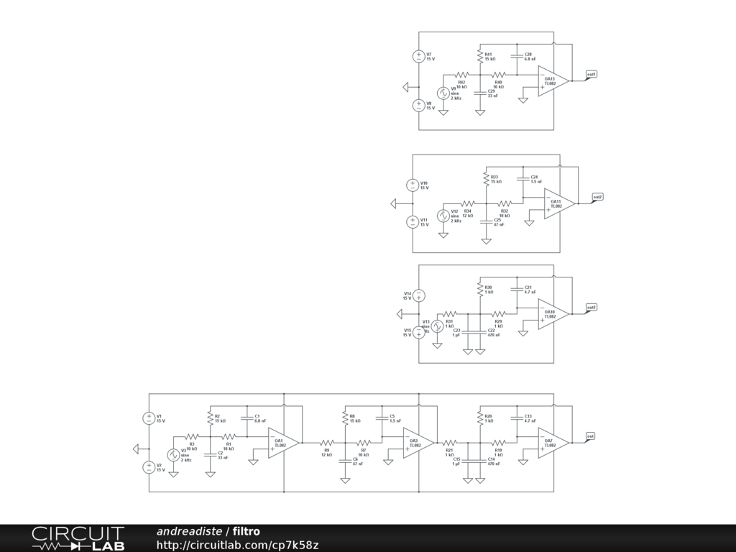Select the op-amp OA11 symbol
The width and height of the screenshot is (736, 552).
(x=558, y=203)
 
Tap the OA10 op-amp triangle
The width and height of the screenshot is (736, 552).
(x=553, y=314)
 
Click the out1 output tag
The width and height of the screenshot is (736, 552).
(x=592, y=74)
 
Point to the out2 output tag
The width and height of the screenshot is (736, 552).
(x=597, y=197)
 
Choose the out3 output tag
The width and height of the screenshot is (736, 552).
(x=592, y=308)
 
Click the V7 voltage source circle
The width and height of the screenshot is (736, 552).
(x=419, y=56)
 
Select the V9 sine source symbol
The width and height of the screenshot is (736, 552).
(x=443, y=93)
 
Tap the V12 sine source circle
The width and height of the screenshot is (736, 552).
(x=443, y=216)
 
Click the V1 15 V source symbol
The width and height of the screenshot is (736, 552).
(x=149, y=418)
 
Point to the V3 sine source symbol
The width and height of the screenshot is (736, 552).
(x=173, y=455)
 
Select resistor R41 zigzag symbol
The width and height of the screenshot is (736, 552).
(x=479, y=56)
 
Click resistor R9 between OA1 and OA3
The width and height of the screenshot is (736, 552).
(x=327, y=443)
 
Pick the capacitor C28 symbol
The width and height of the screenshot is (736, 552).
(x=516, y=56)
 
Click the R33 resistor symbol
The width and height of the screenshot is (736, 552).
(x=486, y=178)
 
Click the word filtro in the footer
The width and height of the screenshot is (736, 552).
(x=247, y=532)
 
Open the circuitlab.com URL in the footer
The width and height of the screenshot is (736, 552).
(x=237, y=546)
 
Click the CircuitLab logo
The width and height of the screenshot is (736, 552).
(x=78, y=538)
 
